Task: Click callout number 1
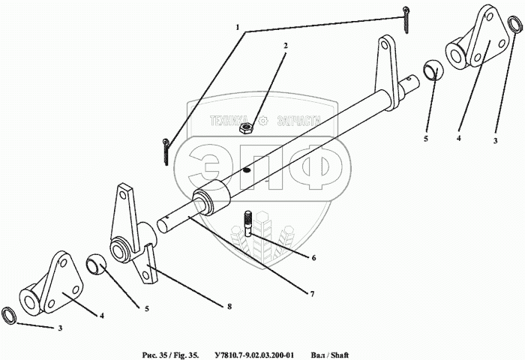(x=238, y=28)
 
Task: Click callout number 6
(x=313, y=258)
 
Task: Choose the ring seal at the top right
(x=514, y=25)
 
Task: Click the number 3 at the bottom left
(x=61, y=328)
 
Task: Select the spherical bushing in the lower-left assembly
(x=97, y=263)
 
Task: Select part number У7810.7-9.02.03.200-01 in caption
(x=253, y=353)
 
